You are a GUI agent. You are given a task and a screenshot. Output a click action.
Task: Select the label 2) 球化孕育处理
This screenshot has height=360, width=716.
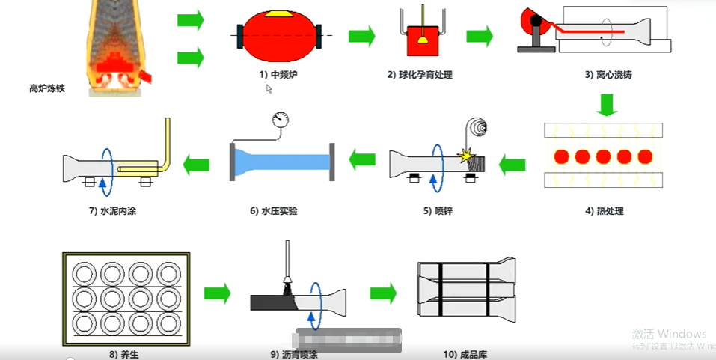420,75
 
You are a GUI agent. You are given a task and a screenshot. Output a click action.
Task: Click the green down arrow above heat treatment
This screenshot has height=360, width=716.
608,105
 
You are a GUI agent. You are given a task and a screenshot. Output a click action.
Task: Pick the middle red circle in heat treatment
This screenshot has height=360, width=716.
603,158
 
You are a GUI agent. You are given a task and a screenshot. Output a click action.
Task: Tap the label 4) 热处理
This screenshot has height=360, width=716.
604,211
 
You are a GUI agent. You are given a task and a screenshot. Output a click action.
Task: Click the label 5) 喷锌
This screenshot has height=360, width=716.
438,211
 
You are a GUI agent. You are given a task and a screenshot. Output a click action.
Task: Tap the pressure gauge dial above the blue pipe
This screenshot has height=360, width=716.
281,119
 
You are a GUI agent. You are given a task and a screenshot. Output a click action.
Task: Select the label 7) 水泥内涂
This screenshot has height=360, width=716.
111,211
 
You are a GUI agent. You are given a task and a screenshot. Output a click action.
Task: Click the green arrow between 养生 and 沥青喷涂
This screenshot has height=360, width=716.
217,293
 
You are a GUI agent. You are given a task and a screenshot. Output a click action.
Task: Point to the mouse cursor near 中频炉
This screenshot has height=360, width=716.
269,88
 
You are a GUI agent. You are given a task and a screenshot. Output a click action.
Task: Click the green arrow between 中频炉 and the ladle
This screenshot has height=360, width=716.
361,35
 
